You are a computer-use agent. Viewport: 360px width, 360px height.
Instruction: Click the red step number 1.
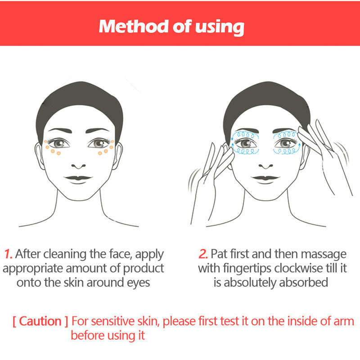pos(8,254)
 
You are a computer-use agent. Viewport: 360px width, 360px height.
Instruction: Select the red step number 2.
pos(203,254)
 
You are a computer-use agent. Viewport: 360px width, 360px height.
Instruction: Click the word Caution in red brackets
pos(40,321)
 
